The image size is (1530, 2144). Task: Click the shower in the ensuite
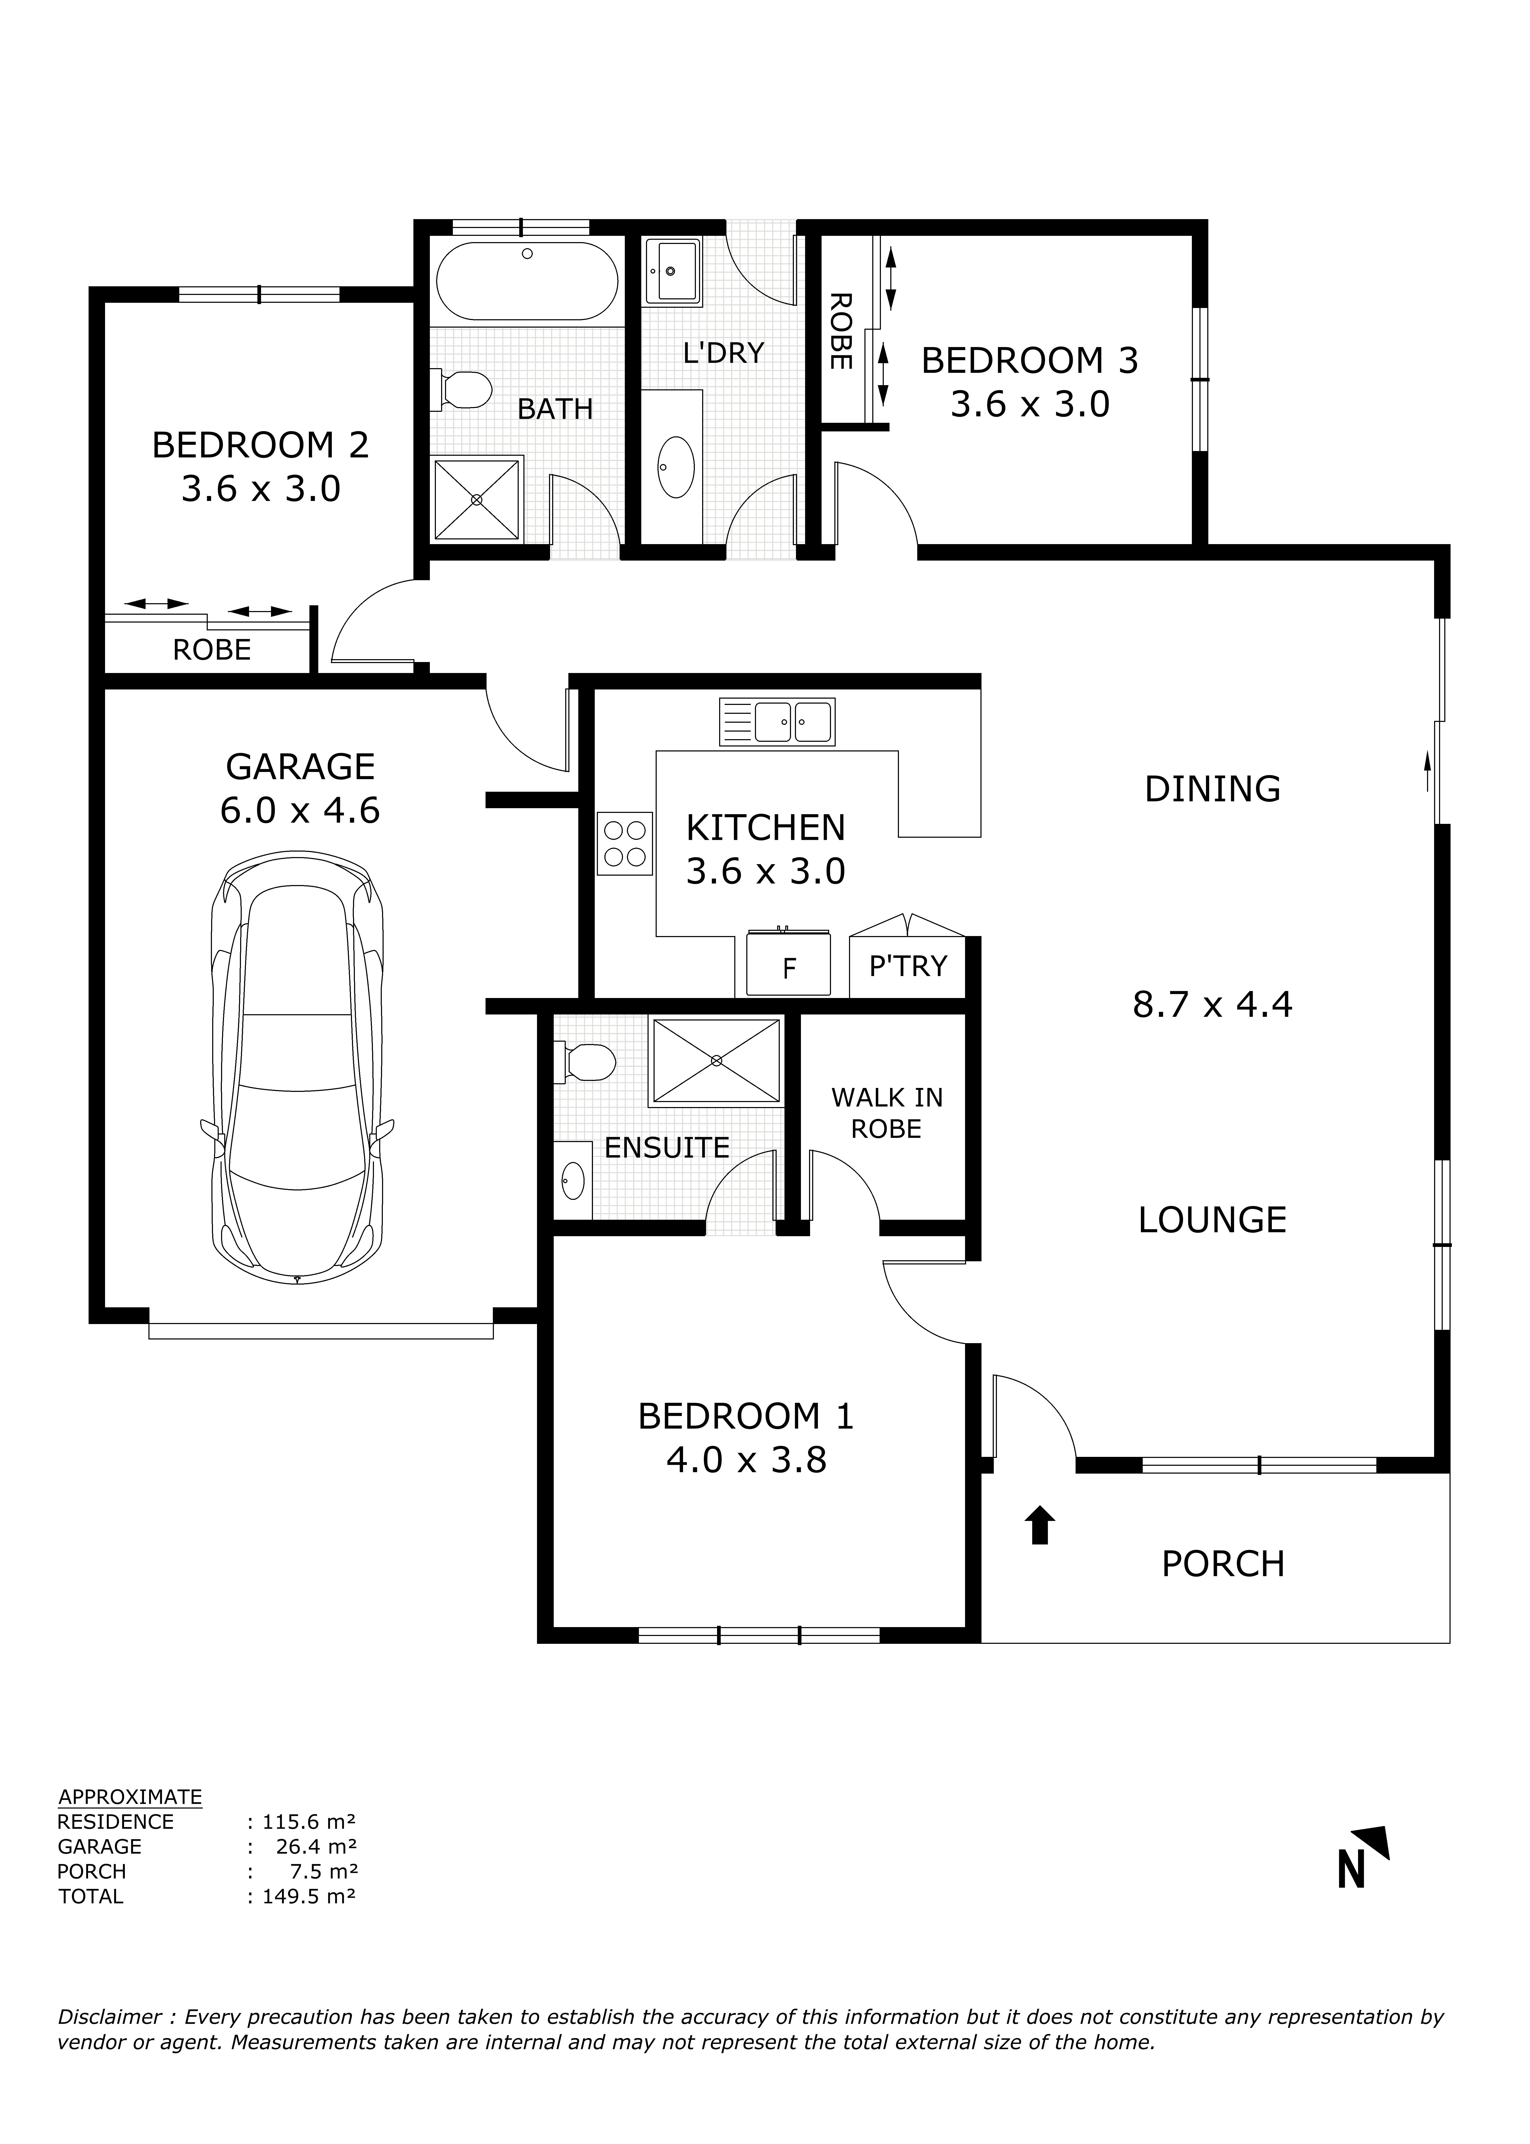pyautogui.click(x=716, y=1061)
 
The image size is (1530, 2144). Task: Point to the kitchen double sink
pyautogui.click(x=777, y=722)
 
